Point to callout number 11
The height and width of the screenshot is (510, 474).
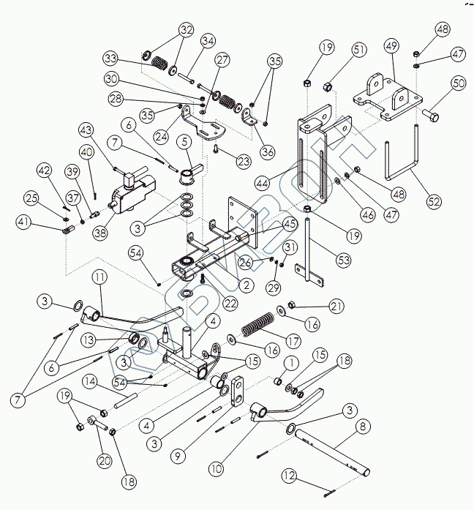pyautogui.click(x=100, y=277)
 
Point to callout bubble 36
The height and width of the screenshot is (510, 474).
pyautogui.click(x=268, y=152)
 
